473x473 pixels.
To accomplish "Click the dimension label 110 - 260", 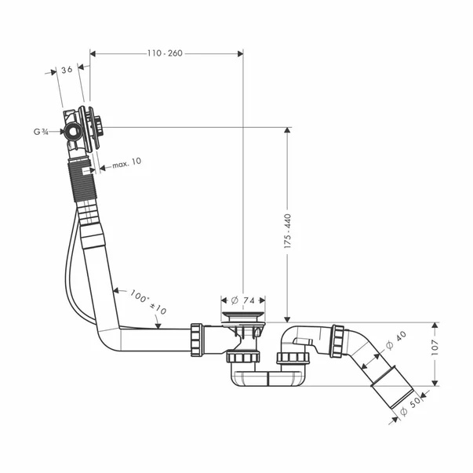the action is [x=165, y=53].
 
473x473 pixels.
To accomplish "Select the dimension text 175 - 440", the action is [x=288, y=231].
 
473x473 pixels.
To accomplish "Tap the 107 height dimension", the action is [x=435, y=347].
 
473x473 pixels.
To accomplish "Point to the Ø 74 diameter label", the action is [x=243, y=300].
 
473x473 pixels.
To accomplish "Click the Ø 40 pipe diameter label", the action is [x=396, y=340].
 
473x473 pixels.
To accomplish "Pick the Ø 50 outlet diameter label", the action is [x=410, y=406].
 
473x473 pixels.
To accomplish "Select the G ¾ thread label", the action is [x=41, y=132].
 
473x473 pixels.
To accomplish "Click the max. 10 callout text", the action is [x=127, y=163].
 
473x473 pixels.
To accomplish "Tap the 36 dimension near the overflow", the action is [x=67, y=70].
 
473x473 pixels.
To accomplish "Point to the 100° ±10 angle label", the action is [x=148, y=302].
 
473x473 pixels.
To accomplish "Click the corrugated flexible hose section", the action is [x=82, y=181].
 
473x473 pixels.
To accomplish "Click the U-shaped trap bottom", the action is [x=268, y=378].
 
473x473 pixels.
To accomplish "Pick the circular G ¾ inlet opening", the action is [x=73, y=131].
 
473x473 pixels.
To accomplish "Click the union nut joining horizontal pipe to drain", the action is [x=197, y=340].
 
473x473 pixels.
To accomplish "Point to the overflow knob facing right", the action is [x=99, y=127].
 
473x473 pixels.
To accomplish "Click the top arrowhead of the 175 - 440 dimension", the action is [x=287, y=130].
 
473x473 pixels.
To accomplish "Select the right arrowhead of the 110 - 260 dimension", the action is [x=240, y=53].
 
